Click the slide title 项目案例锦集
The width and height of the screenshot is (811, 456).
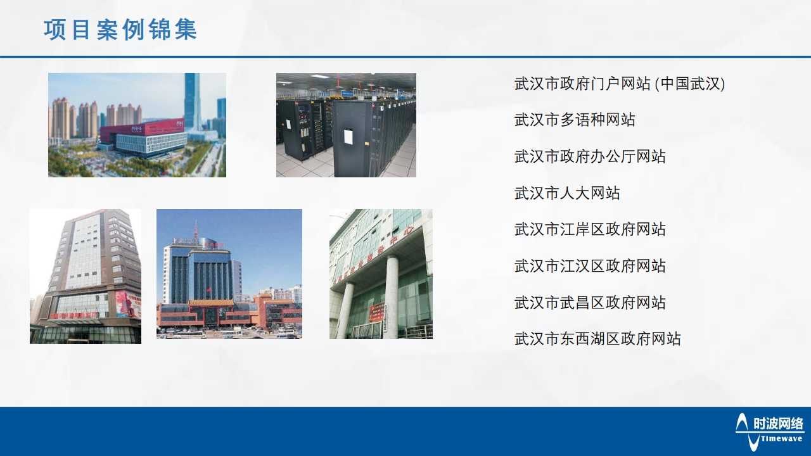(x=120, y=30)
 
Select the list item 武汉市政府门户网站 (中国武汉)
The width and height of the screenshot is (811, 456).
(x=619, y=84)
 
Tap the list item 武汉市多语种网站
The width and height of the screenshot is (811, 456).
(x=575, y=120)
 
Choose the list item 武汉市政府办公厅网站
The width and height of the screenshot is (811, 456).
(x=590, y=156)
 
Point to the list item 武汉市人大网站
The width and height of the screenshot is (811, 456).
(x=567, y=193)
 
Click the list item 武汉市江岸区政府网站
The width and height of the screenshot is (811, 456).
(x=590, y=229)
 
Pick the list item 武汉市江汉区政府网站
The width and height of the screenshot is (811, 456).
(x=590, y=266)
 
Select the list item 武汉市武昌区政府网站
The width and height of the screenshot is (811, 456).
(x=590, y=303)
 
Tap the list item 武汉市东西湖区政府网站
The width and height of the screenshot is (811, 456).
(x=597, y=339)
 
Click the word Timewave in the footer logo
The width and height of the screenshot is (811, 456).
(x=782, y=438)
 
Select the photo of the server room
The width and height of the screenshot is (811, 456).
(x=346, y=125)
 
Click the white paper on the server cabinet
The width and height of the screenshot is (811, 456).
(x=348, y=137)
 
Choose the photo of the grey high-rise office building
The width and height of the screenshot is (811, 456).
(x=86, y=276)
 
